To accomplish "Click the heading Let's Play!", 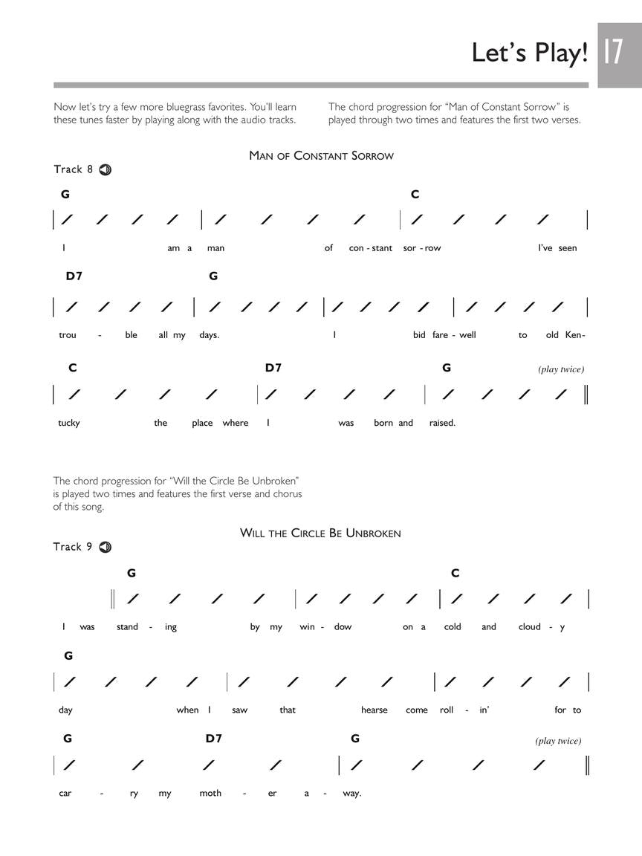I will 530,53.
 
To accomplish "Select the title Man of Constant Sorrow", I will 321,156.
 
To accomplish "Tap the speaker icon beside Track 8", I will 105,169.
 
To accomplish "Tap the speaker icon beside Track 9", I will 105,547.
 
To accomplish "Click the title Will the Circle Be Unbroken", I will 320,534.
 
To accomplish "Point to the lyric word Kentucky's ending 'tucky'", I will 69,423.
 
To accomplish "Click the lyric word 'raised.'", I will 442,423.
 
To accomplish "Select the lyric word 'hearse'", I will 374,710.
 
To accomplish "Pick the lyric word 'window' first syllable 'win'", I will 308,627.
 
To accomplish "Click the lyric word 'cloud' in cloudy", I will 530,627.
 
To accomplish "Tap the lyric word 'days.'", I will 209,335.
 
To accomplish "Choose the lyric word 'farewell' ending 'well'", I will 467,335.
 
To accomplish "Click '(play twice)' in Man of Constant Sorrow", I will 561,369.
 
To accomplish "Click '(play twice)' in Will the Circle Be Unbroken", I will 558,741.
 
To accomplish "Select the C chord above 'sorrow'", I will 415,195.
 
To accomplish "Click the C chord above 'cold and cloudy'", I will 455,573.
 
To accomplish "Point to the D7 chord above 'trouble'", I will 74,276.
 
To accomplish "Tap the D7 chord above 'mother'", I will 214,739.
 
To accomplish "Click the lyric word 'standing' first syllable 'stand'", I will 127,627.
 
